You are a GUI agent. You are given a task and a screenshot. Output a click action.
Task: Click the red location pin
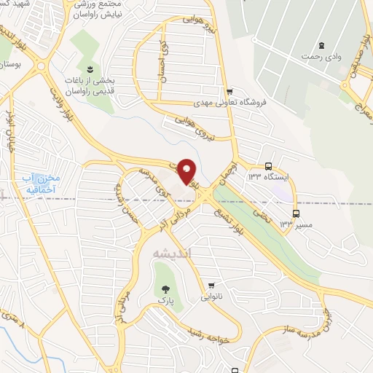pos(187,170)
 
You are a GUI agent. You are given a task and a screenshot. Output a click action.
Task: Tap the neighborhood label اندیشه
pos(173,253)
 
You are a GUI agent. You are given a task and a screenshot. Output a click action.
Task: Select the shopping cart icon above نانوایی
pos(211,286)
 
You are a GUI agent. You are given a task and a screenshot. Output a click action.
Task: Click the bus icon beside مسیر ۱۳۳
pos(297,213)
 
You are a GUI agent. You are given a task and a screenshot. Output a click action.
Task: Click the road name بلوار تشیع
pos(237,212)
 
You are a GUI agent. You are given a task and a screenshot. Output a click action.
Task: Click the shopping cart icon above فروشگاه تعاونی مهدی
pos(230,92)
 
